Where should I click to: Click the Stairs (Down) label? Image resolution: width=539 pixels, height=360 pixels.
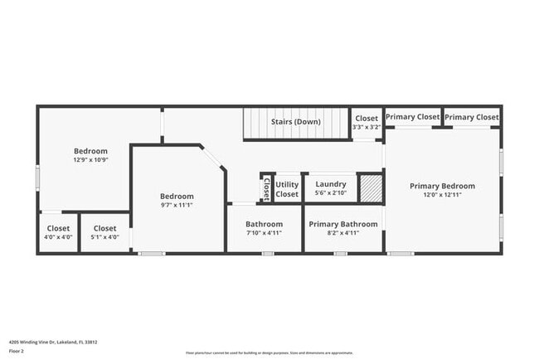pos(296,122)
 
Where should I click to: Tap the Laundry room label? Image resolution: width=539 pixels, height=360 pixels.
pos(331,184)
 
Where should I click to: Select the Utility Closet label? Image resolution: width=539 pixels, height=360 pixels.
pos(287,189)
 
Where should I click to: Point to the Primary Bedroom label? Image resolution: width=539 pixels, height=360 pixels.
pos(443,186)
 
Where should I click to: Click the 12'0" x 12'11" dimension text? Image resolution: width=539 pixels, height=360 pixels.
pos(443,195)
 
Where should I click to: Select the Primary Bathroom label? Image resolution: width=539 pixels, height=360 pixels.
pos(343,224)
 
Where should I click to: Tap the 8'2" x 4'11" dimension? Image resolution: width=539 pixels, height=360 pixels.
pos(343,233)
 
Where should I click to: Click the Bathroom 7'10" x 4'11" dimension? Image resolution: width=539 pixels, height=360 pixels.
pos(265,233)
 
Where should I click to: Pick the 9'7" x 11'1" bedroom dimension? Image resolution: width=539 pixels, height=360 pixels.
pos(177,205)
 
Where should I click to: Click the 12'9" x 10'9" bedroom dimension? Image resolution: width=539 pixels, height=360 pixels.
pos(91,160)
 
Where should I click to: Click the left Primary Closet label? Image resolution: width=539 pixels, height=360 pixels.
pos(412,117)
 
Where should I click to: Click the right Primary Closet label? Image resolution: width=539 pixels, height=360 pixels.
pos(472,117)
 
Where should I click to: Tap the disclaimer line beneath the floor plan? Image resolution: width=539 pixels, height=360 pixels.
pos(269,353)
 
